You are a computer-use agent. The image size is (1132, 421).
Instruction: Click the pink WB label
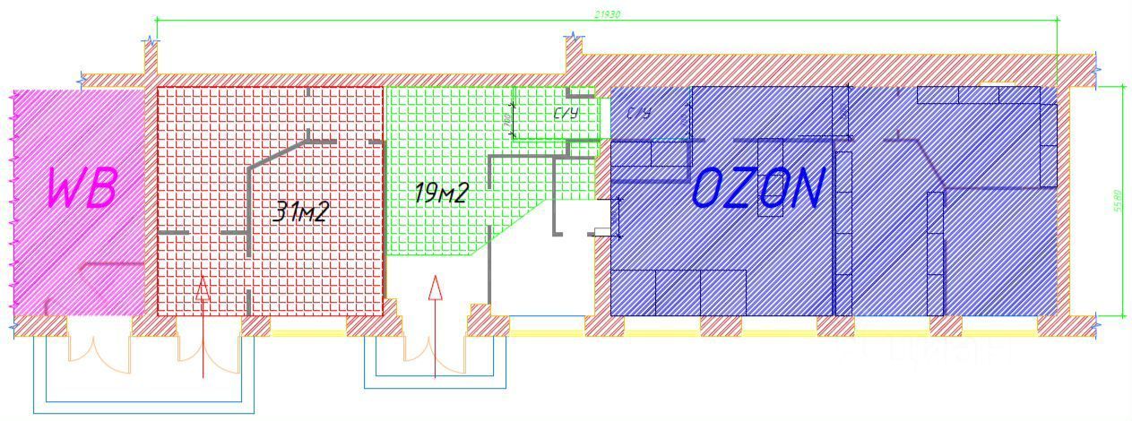point(82,188)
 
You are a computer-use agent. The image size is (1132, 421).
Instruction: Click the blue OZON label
point(758,189)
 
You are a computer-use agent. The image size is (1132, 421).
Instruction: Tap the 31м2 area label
point(300,211)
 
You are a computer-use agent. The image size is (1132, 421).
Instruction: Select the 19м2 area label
point(440,193)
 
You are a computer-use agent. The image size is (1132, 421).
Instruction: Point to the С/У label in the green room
point(565,115)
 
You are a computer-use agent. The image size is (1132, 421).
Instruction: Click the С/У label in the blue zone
point(638,113)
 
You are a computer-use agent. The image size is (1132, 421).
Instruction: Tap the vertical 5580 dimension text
point(1117,201)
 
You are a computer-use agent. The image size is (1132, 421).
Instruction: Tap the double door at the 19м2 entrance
point(435,354)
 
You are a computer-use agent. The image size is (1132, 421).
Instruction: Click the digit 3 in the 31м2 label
point(281,211)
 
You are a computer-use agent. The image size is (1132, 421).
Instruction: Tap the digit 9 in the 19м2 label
point(428,193)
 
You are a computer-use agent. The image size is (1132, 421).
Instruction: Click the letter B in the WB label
point(103,188)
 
